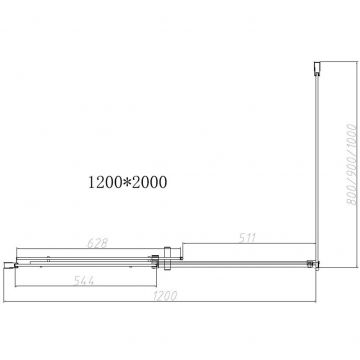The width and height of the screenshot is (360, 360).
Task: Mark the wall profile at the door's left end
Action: [15, 264]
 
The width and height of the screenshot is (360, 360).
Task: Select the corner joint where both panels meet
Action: [311, 263]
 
